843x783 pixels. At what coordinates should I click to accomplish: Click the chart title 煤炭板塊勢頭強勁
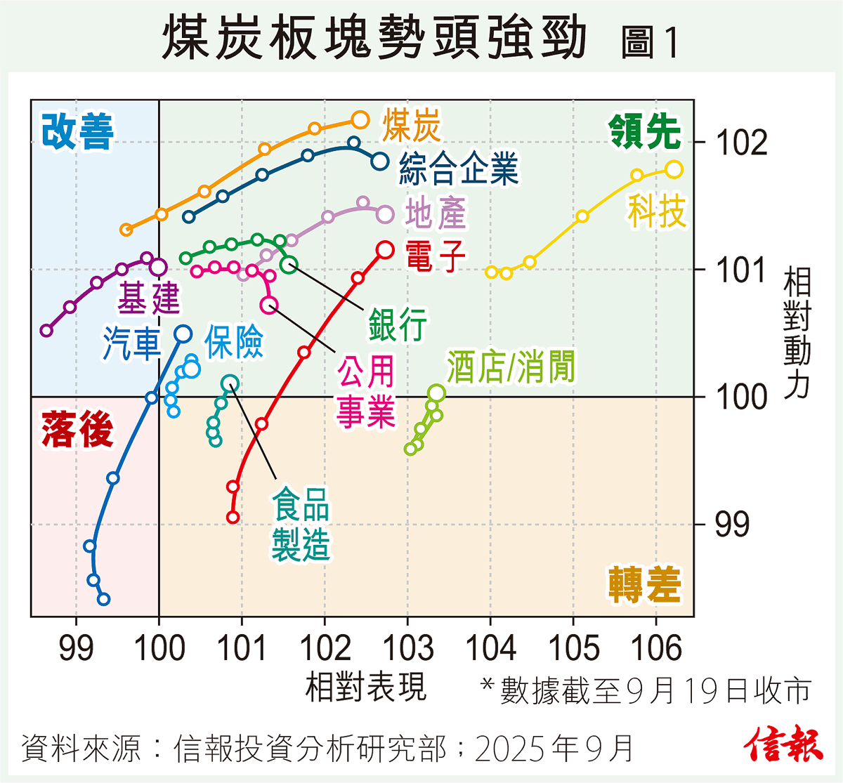(x=374, y=39)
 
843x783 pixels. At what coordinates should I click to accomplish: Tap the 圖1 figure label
(x=651, y=42)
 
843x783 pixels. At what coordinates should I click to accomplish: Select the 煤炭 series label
(x=412, y=126)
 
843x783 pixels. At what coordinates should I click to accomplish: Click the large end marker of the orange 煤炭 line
(x=360, y=120)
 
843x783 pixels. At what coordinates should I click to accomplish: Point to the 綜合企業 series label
(x=459, y=169)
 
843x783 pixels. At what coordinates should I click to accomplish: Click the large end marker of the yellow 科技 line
(x=674, y=169)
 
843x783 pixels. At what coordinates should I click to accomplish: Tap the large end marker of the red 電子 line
(x=385, y=249)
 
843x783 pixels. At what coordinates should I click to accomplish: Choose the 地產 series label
(x=436, y=213)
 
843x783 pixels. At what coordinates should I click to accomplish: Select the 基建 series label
(x=148, y=298)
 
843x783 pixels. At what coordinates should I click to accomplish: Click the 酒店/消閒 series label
(x=511, y=367)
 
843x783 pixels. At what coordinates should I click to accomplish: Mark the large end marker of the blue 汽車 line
(x=183, y=334)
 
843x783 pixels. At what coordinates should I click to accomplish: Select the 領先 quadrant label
(x=645, y=131)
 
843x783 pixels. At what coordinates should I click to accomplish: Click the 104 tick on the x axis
(x=490, y=647)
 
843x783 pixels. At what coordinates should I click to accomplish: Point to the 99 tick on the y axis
(x=732, y=525)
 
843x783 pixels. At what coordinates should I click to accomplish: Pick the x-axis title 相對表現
(x=365, y=686)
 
